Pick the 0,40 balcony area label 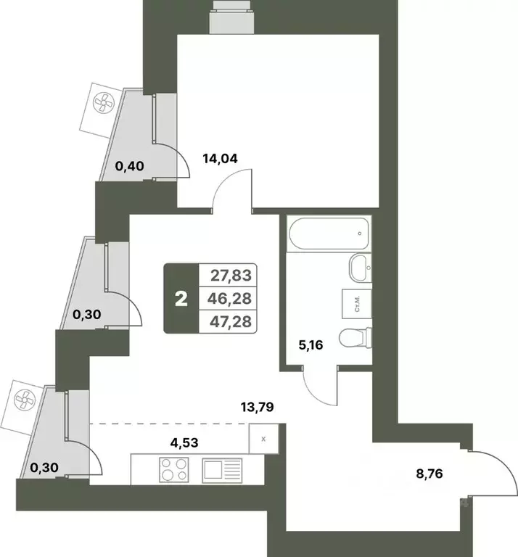click(x=131, y=166)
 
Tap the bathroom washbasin click(x=360, y=270)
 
